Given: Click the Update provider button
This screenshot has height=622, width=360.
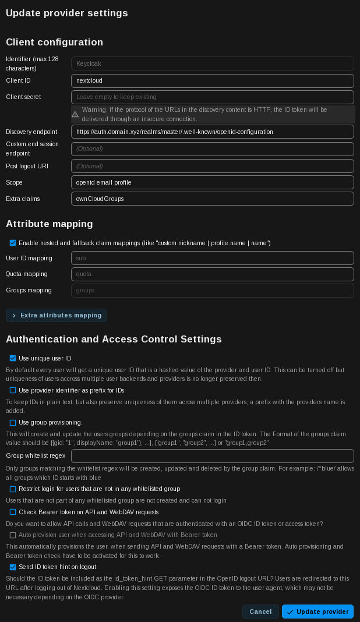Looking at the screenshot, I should (x=317, y=612).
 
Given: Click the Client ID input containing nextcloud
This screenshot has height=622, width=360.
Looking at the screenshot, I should (x=212, y=81).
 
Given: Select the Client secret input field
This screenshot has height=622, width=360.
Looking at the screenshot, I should (x=212, y=97).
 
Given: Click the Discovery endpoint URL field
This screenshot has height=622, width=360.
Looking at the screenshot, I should (x=212, y=132).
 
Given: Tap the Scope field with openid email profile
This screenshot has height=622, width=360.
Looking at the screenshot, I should (x=212, y=182).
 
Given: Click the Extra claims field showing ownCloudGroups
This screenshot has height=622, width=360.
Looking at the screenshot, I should (x=212, y=199).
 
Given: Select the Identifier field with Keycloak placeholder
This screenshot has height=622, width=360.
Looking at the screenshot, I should (x=212, y=63).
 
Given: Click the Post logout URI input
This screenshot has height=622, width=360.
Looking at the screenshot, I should (x=212, y=166).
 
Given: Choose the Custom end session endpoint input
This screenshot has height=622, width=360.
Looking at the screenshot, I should (x=212, y=149).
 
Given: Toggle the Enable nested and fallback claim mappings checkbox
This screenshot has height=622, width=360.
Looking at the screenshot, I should (x=13, y=243).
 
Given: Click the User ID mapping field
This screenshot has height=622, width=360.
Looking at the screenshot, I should (x=212, y=258).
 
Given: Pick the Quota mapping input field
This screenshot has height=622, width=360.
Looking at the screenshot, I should (x=212, y=274).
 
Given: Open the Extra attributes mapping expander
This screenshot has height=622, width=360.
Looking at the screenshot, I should (x=56, y=316).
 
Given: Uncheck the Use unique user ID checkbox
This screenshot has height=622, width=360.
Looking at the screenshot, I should (x=13, y=358).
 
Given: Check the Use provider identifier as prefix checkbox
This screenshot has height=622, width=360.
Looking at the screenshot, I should (x=13, y=390).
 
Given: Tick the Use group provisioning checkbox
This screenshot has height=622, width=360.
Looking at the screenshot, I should (x=13, y=423).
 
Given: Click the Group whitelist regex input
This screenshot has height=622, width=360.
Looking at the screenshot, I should (x=212, y=456).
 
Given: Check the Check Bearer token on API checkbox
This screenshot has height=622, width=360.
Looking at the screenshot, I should (x=13, y=512).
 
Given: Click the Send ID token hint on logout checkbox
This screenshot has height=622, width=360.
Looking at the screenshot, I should (x=13, y=567).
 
